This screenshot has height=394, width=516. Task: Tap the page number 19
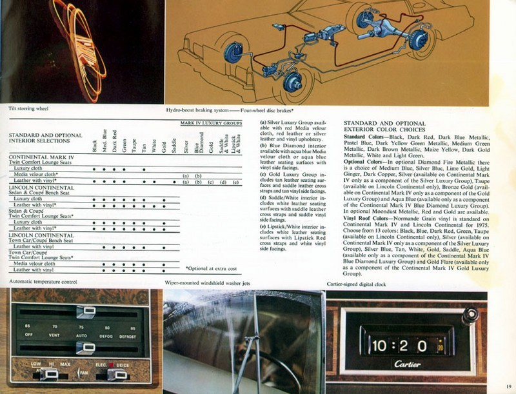(x=508, y=388)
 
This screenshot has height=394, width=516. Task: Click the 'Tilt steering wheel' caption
(x=25, y=110)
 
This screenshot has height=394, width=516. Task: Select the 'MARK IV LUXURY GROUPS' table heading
(x=211, y=121)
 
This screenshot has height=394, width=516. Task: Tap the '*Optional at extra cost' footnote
(x=212, y=268)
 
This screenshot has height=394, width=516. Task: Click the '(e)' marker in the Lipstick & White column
(x=236, y=182)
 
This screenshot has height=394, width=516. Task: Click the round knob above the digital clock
(x=470, y=317)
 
